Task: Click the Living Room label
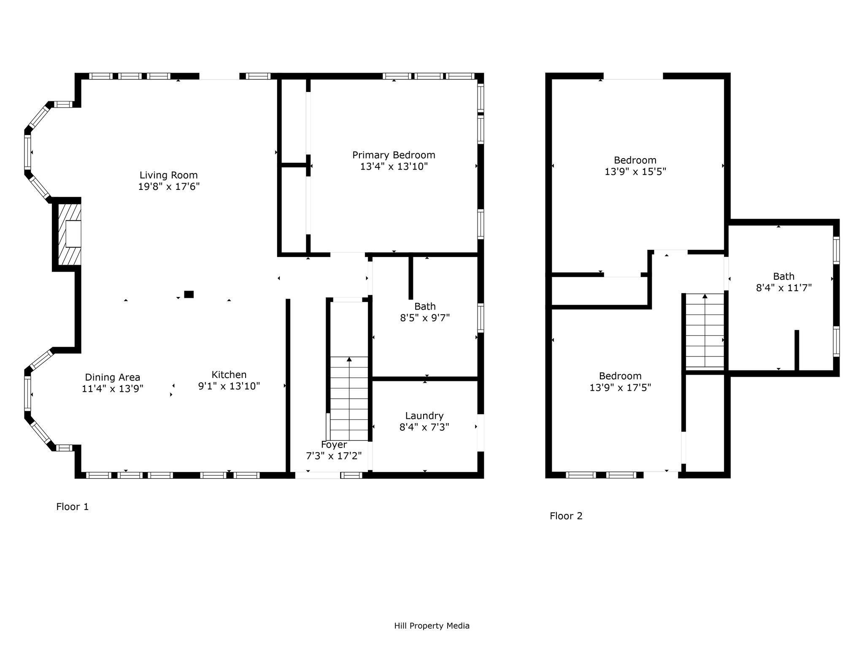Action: [169, 175]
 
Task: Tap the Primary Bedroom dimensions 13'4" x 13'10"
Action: [394, 167]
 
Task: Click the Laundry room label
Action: [424, 416]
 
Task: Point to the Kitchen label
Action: [229, 375]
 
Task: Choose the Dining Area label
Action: [113, 378]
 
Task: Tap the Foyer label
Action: [334, 445]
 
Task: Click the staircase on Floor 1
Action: [349, 398]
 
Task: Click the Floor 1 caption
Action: [73, 507]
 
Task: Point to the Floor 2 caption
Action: [566, 516]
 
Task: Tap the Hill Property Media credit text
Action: [432, 626]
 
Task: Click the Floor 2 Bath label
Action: [784, 277]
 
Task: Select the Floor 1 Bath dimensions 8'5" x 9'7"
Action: [425, 318]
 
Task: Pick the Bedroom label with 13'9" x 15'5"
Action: [635, 160]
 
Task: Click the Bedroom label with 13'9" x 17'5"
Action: [620, 376]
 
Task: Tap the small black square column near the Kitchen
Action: [189, 294]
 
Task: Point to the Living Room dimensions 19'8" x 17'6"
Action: [169, 186]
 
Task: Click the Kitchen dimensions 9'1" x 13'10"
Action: [229, 386]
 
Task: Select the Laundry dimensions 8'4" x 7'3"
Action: [424, 427]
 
